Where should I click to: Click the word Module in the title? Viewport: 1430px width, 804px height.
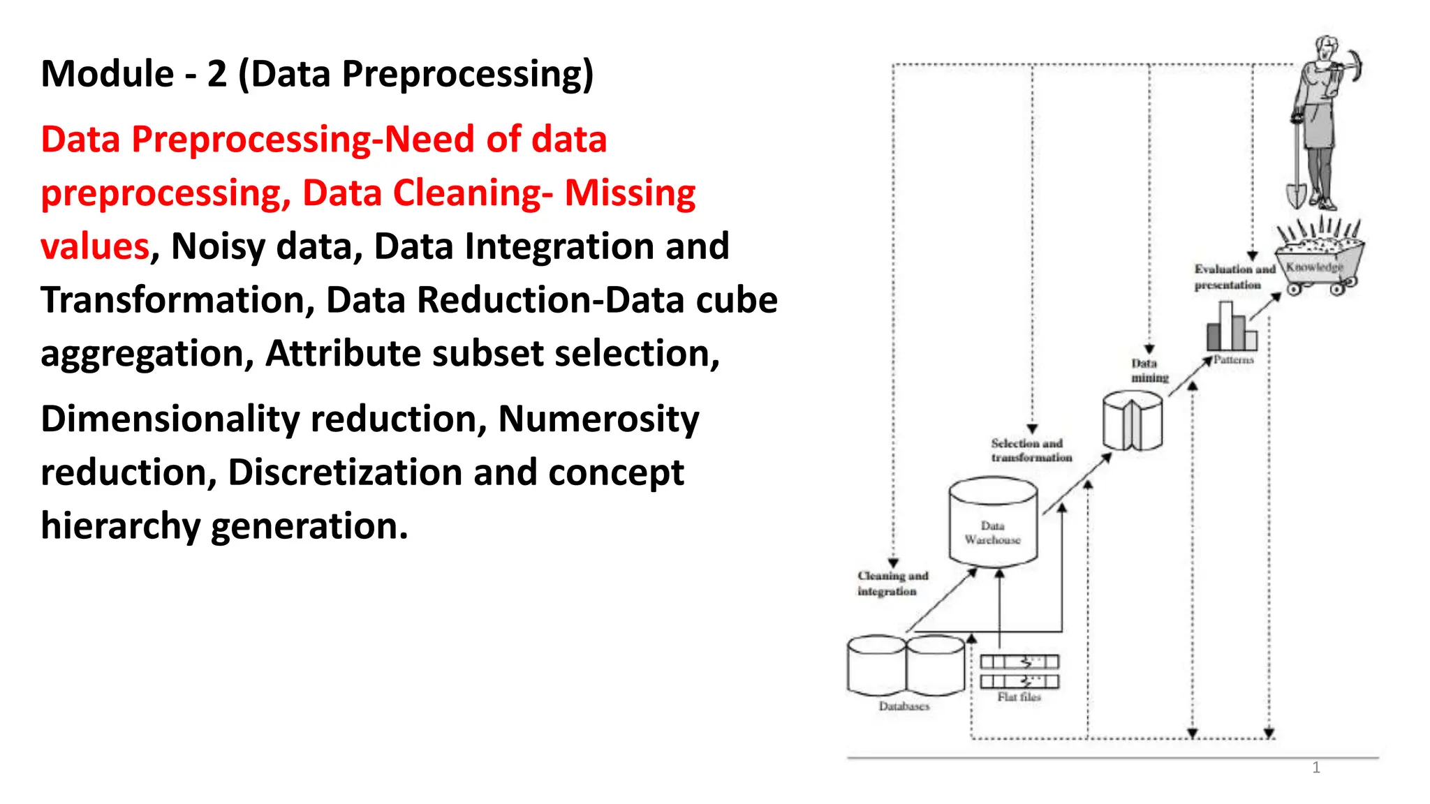(x=108, y=74)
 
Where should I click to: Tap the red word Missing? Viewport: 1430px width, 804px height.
(x=630, y=193)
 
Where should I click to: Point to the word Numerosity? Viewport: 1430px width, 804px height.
(x=598, y=419)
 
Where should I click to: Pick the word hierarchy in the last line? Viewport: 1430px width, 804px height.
(x=120, y=526)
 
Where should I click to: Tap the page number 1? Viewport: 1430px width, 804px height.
(x=1315, y=768)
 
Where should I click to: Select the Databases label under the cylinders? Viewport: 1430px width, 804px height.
(x=904, y=706)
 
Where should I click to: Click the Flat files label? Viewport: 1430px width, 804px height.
(x=1019, y=697)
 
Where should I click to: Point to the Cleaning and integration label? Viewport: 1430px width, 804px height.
(x=892, y=583)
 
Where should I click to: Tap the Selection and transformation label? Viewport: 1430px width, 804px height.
(x=1031, y=450)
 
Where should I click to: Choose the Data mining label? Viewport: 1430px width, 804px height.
(x=1149, y=371)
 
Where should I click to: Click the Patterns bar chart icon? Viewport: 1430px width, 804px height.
(x=1231, y=327)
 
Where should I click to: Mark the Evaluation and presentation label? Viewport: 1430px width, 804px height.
(x=1234, y=277)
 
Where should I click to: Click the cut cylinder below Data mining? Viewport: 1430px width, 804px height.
(x=1132, y=420)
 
